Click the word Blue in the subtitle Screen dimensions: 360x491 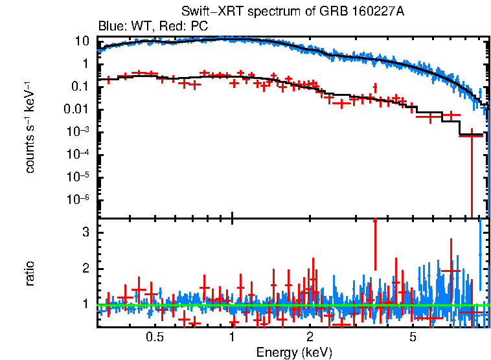[x=110, y=27]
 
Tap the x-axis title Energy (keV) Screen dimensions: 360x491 [x=294, y=352]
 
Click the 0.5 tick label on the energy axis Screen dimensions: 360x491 [x=154, y=337]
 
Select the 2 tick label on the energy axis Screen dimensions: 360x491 [x=310, y=337]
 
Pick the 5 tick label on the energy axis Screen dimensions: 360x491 [x=413, y=337]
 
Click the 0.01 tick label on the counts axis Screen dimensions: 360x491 [x=78, y=109]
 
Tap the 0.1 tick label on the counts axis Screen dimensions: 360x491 [x=80, y=87]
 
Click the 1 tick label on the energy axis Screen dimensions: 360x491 [x=232, y=337]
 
